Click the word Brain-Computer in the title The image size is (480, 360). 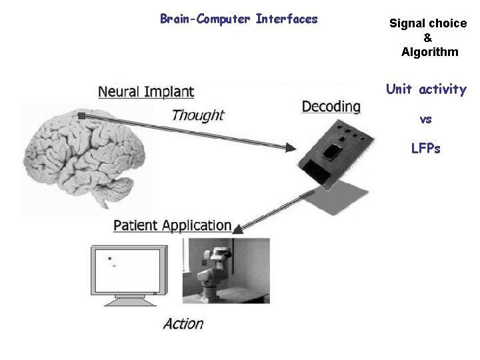pyautogui.click(x=205, y=19)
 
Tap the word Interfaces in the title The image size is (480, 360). pyautogui.click(x=287, y=19)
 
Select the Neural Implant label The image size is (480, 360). pyautogui.click(x=146, y=92)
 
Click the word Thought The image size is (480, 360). pyautogui.click(x=197, y=115)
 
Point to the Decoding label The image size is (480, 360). pyautogui.click(x=331, y=107)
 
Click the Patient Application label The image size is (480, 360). pyautogui.click(x=173, y=225)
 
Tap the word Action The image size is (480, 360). pyautogui.click(x=183, y=324)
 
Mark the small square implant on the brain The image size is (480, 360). pyautogui.click(x=81, y=116)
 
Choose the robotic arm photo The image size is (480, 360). pyautogui.click(x=226, y=270)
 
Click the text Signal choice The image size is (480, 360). pyautogui.click(x=428, y=23)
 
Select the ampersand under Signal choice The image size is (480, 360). pyautogui.click(x=428, y=38)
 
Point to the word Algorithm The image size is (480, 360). pyautogui.click(x=430, y=52)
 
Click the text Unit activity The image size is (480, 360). pyautogui.click(x=426, y=89)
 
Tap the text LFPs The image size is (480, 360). pyautogui.click(x=426, y=149)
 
